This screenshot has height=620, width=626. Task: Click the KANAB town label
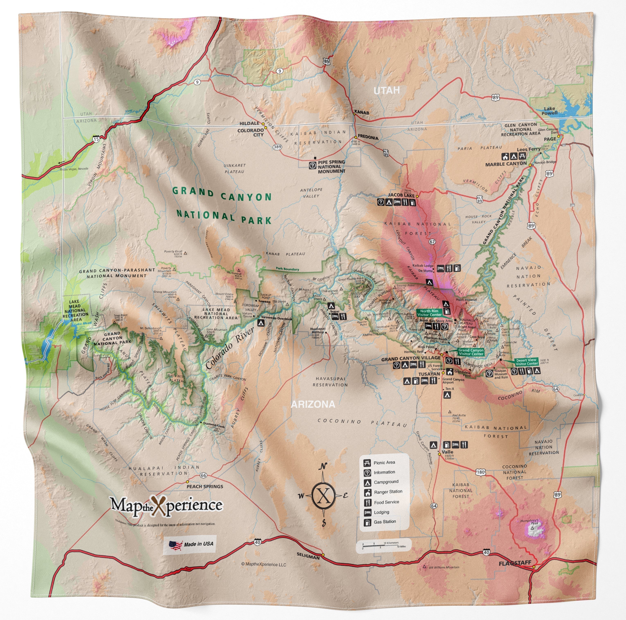[x=362, y=112]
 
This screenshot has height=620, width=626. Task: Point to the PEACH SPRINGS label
[x=205, y=486]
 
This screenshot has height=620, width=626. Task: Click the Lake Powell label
[x=549, y=111]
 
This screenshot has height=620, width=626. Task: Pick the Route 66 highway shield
[x=203, y=475]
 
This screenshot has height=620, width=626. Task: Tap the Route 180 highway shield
[x=481, y=472]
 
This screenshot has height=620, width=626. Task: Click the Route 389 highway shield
[x=277, y=147]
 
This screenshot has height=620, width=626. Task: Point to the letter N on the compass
[x=323, y=467]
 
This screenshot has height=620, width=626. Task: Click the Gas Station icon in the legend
[x=367, y=522]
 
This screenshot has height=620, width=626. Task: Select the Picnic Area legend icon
[x=367, y=463]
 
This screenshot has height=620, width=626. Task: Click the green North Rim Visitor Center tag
[x=429, y=313]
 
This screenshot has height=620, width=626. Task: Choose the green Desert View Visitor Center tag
[x=527, y=362]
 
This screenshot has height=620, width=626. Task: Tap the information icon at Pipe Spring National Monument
[x=313, y=165]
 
